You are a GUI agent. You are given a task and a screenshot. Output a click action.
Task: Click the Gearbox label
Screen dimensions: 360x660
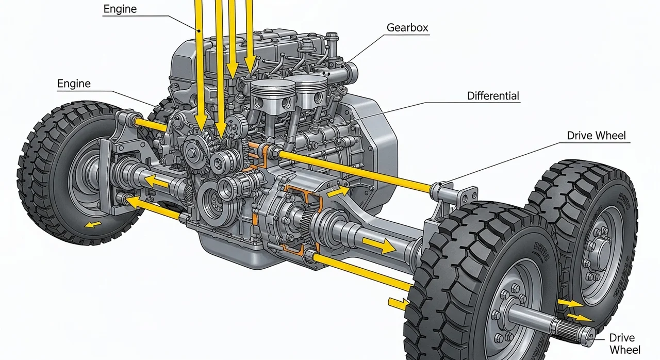407,28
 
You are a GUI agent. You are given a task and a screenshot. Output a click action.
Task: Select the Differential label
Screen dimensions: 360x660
493,96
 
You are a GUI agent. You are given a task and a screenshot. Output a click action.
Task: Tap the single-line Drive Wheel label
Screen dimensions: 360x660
596,136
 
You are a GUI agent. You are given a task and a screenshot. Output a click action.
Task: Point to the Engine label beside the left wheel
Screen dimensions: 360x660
74,84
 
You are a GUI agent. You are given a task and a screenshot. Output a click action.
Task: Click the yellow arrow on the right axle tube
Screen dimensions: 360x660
378,244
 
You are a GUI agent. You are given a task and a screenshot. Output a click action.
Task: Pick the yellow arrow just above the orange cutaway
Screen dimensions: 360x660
338,192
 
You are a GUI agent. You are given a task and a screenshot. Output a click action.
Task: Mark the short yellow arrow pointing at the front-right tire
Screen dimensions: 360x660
395,303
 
